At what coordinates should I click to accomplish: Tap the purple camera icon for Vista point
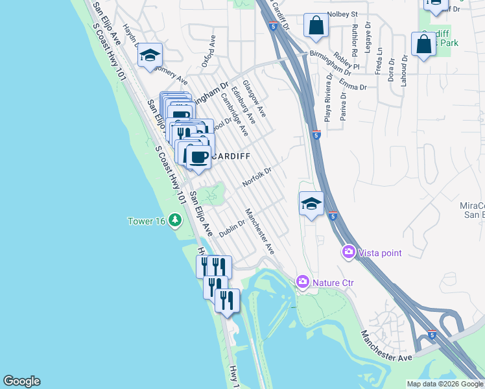[349, 252]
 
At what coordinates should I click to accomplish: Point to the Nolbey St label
[343, 14]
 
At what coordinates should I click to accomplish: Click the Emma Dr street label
[354, 86]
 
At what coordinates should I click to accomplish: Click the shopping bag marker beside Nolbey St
[317, 26]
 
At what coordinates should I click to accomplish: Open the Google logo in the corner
[21, 381]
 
